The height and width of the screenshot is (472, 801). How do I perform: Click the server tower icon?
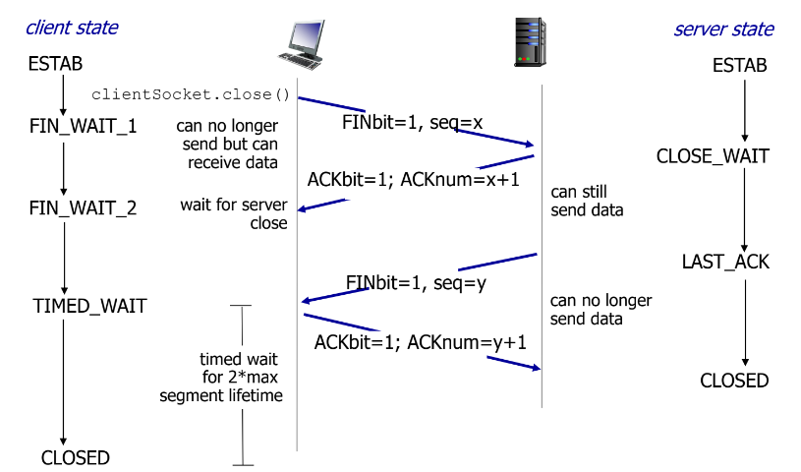pyautogui.click(x=530, y=42)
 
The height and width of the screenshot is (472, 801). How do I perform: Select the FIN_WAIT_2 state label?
pyautogui.click(x=84, y=208)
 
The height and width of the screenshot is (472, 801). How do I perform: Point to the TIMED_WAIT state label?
pyautogui.click(x=89, y=306)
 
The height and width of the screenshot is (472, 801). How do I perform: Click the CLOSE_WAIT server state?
pyautogui.click(x=713, y=156)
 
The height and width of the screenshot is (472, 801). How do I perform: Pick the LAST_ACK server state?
pyautogui.click(x=725, y=263)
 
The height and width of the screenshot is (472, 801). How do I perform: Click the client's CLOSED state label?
pyautogui.click(x=76, y=457)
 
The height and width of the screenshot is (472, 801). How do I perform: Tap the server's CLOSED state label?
pyautogui.click(x=734, y=381)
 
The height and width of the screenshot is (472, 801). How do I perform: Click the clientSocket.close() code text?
pyautogui.click(x=191, y=94)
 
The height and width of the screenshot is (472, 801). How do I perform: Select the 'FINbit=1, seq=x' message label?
pyautogui.click(x=412, y=123)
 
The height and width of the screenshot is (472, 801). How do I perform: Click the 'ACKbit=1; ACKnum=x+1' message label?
pyautogui.click(x=413, y=181)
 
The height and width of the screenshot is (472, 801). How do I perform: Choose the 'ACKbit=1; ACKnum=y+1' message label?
pyautogui.click(x=421, y=342)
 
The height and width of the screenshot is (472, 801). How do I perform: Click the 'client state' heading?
pyautogui.click(x=72, y=28)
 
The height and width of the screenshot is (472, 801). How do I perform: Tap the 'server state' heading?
pyautogui.click(x=723, y=29)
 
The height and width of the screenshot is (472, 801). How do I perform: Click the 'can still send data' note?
pyautogui.click(x=587, y=202)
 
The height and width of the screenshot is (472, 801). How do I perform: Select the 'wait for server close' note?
pyautogui.click(x=234, y=213)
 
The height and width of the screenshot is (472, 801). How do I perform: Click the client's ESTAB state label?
pyautogui.click(x=56, y=65)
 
